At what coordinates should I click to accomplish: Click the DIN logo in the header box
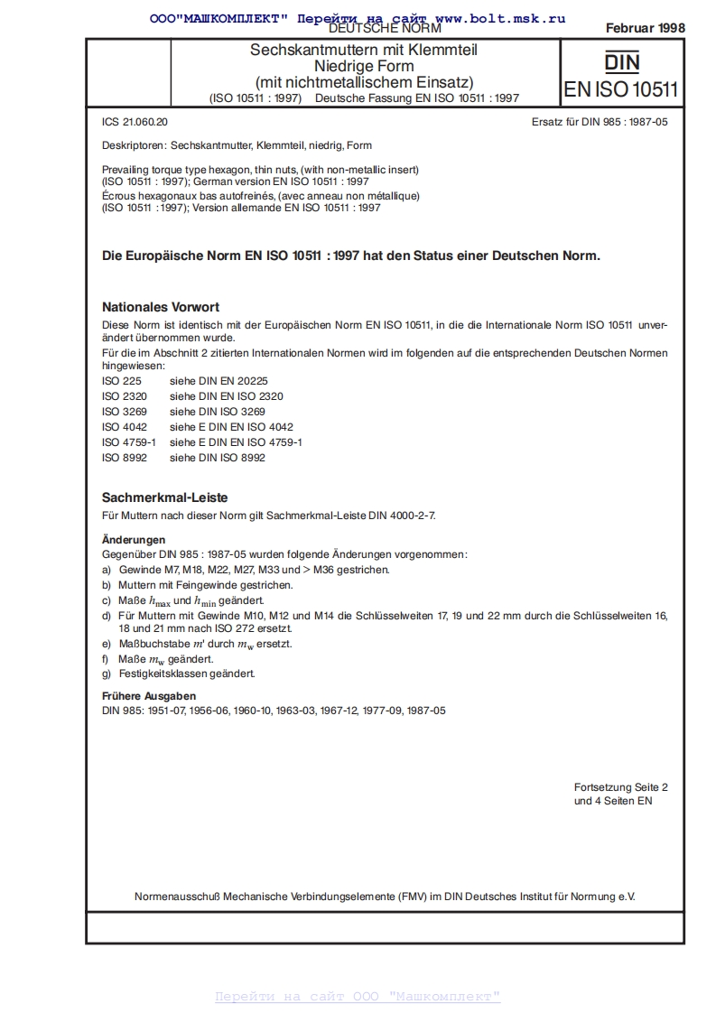pos(621,62)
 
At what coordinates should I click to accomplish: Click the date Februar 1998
pos(645,28)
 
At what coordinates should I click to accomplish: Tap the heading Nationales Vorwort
pos(160,307)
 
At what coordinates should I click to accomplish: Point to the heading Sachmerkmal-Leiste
pos(163,497)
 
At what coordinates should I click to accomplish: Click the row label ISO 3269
pos(123,411)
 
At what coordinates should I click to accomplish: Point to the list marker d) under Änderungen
pos(107,615)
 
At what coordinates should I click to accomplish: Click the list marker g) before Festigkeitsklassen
pos(107,674)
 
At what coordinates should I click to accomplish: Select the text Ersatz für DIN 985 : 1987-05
pos(600,121)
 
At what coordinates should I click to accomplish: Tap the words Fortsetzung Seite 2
pos(620,787)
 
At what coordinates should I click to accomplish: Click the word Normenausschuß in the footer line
pos(176,897)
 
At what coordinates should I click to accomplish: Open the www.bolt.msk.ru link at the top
pos(500,17)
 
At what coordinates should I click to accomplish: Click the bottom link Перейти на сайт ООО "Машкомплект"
pos(358,997)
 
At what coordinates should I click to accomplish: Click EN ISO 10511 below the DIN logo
pos(621,89)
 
